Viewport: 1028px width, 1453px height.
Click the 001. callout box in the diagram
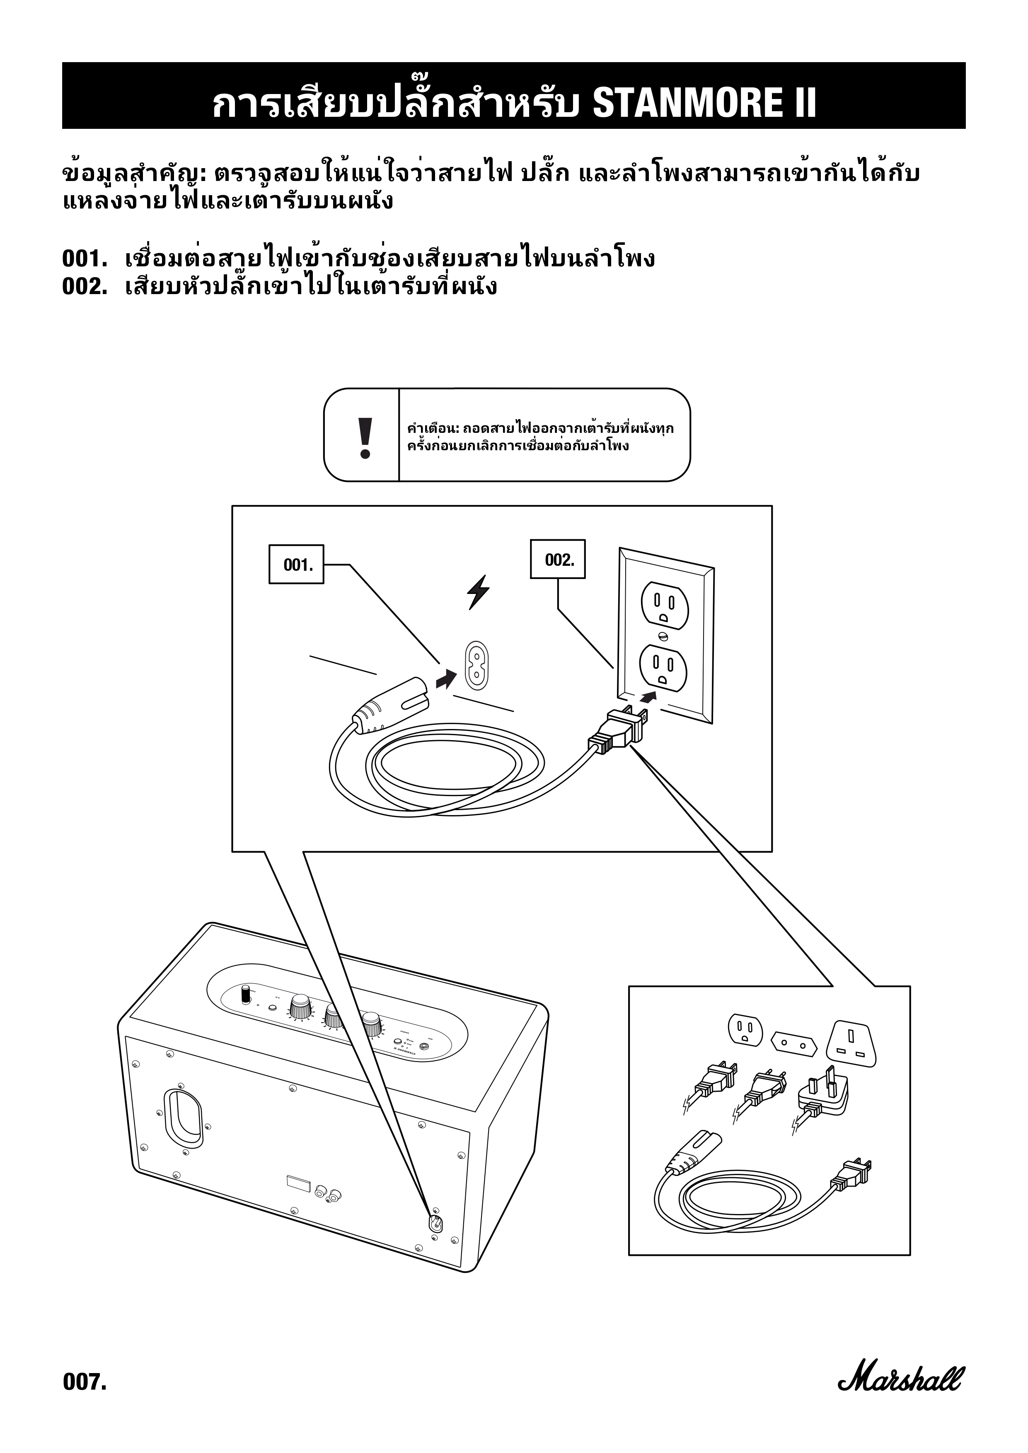click(295, 564)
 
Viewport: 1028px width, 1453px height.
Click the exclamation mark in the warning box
click(365, 438)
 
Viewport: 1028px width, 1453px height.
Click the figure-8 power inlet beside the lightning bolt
click(479, 666)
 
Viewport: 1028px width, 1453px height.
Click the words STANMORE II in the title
click(704, 103)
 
